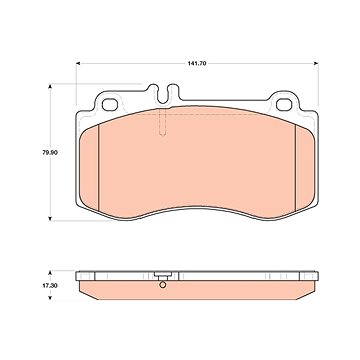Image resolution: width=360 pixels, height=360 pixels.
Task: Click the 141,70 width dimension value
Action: [196, 63]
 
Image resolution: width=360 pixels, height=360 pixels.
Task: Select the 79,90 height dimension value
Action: [50, 153]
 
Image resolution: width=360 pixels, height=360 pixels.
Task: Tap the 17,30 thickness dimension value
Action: [50, 286]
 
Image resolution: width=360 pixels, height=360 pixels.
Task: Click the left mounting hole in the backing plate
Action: [110, 105]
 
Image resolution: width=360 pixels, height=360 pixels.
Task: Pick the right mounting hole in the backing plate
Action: [284, 105]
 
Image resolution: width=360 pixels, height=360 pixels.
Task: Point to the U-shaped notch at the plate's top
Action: [163, 95]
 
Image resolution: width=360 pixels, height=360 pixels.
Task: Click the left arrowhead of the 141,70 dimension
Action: [78, 63]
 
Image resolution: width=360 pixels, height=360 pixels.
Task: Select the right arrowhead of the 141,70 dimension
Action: [316, 63]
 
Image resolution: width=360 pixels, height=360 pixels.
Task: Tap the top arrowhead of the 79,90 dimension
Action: [50, 86]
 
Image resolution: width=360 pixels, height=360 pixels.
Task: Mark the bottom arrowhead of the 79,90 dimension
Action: [50, 218]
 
